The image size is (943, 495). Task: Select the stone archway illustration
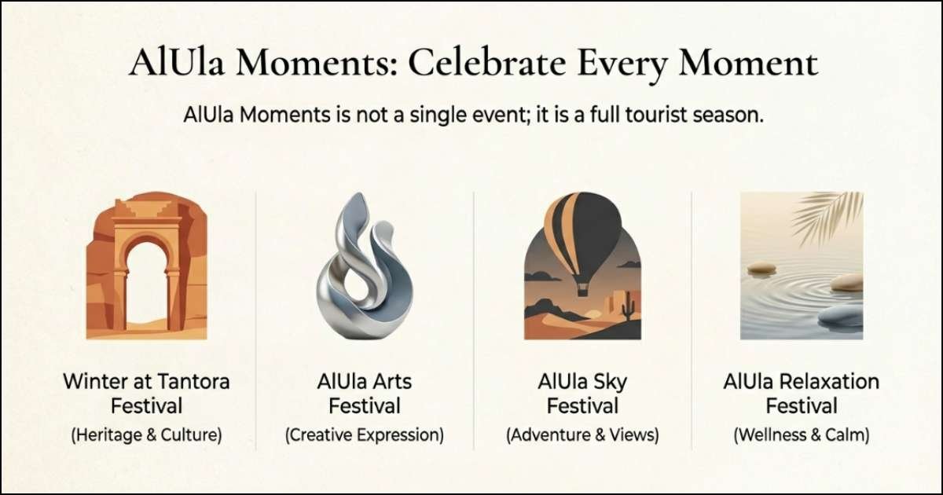(147, 267)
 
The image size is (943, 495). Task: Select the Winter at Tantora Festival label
(147, 394)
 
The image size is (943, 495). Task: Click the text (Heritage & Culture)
(147, 434)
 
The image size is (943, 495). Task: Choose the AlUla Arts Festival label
(365, 394)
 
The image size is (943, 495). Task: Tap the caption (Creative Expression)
(365, 434)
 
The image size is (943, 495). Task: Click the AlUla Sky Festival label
(582, 394)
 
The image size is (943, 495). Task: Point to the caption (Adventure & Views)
(582, 434)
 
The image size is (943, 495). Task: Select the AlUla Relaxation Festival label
(801, 394)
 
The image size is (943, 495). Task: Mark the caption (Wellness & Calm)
(801, 434)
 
